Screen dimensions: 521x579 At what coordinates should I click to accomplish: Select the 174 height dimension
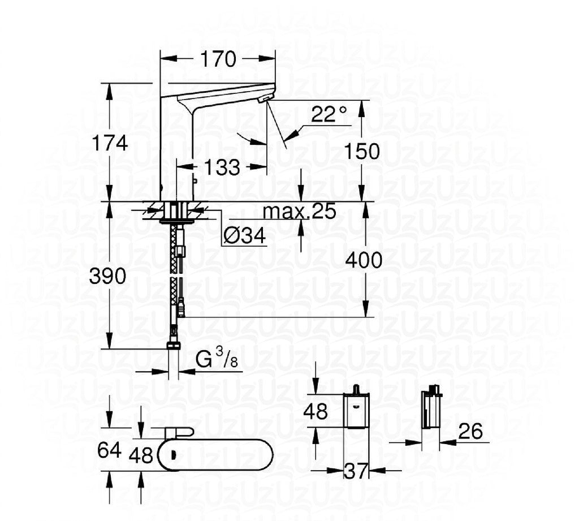click(110, 143)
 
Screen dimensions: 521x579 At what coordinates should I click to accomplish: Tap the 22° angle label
click(329, 115)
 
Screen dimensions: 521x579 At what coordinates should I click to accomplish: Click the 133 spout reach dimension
click(222, 167)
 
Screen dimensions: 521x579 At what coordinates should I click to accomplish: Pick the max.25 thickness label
click(299, 211)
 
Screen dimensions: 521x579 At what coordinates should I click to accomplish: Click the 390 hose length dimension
click(107, 277)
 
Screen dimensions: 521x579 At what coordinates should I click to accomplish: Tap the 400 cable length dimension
click(364, 260)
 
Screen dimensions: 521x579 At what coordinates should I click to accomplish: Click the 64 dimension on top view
click(109, 451)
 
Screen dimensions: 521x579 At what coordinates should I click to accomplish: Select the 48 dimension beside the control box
click(315, 411)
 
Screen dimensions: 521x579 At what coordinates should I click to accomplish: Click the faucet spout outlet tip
click(262, 100)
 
